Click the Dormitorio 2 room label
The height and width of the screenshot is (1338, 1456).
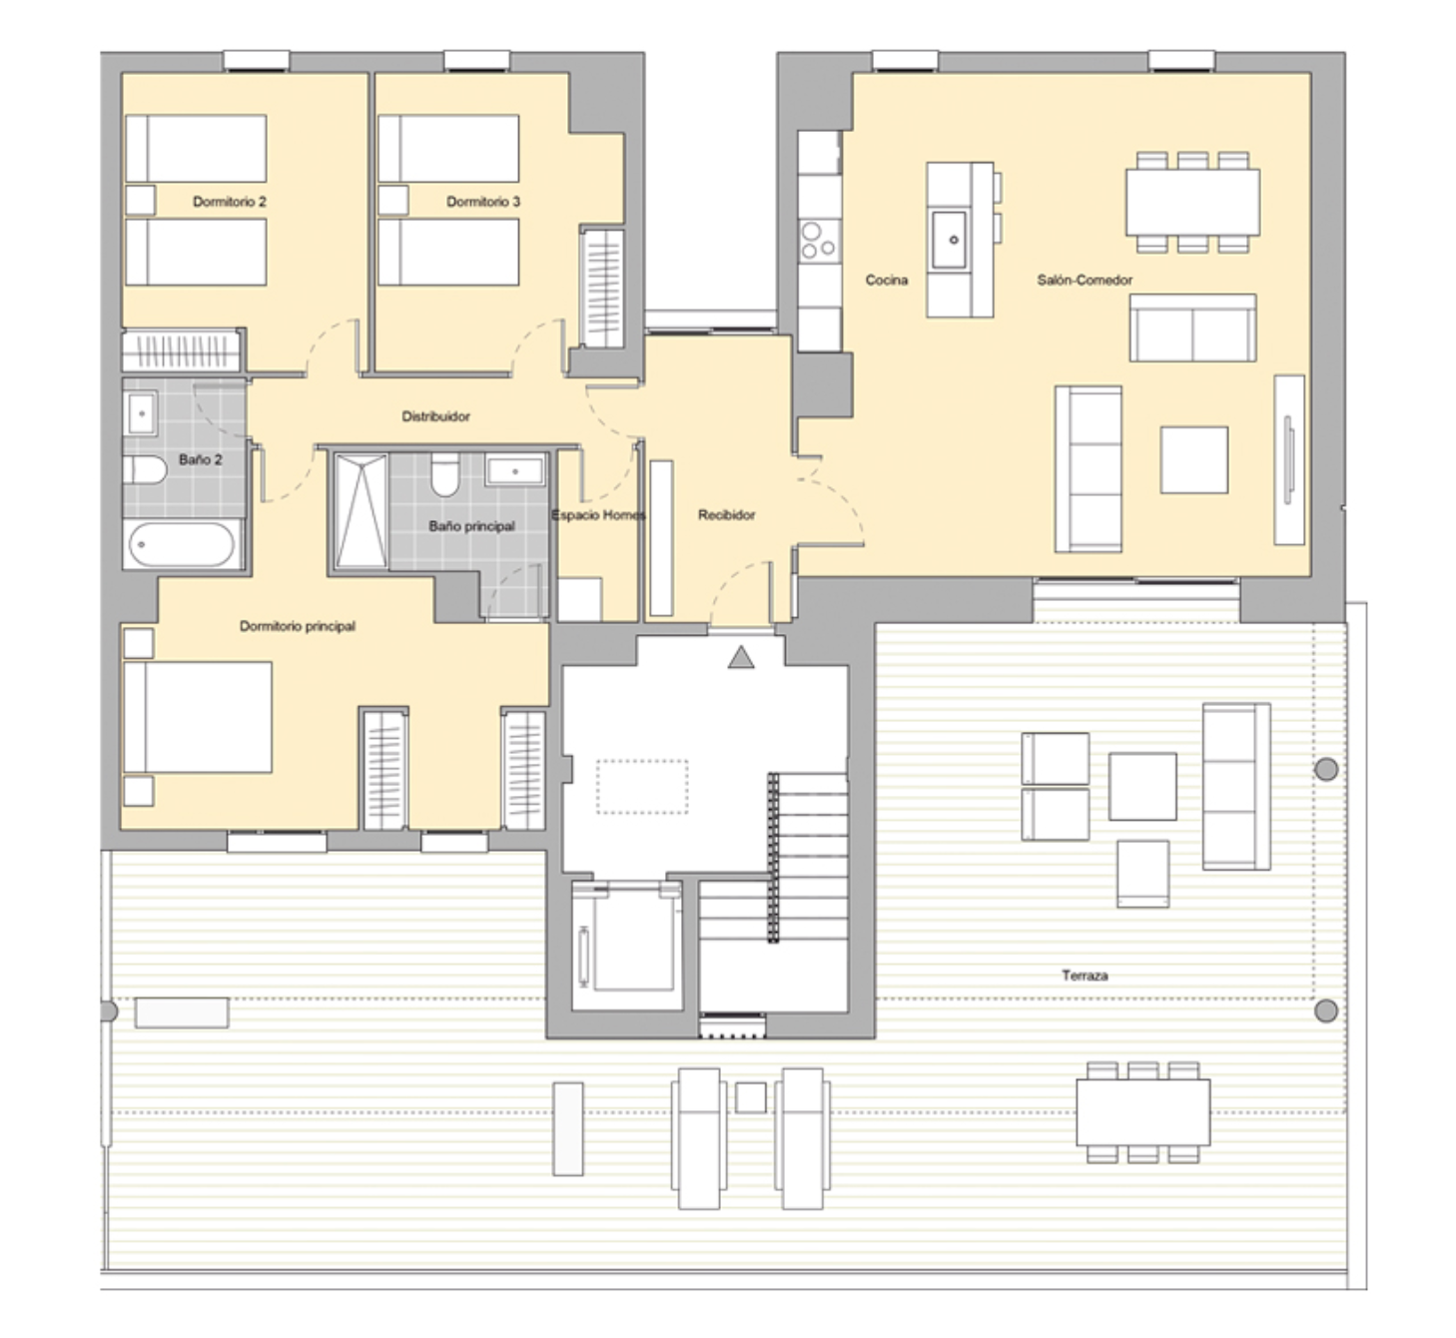tap(230, 202)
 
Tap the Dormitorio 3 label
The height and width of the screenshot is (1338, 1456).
tap(482, 202)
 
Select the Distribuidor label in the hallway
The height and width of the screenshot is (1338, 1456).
tap(435, 416)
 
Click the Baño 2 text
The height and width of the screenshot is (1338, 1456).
tap(201, 459)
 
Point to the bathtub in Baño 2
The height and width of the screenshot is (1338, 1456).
tap(182, 544)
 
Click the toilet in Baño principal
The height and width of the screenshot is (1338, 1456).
tap(444, 475)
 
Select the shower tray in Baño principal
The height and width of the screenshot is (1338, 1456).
tap(362, 510)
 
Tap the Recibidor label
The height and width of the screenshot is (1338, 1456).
tap(727, 514)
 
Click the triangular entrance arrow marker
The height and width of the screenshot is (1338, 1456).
tap(740, 657)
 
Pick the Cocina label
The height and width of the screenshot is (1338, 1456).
tap(886, 280)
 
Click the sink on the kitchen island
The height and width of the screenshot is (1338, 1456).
tap(949, 240)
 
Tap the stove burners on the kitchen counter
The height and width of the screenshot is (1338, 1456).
tap(819, 241)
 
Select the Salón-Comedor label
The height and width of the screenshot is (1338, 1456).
tap(1085, 280)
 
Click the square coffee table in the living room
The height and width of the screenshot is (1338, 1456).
tap(1194, 460)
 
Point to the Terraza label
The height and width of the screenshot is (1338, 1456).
tap(1085, 975)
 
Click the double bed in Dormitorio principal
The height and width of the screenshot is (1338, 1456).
tap(198, 717)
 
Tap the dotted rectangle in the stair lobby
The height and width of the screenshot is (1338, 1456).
tap(642, 787)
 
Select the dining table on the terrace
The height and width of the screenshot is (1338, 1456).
tap(1142, 1112)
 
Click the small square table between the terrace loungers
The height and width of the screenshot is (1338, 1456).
tap(751, 1097)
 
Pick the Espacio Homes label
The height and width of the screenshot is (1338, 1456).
tap(598, 514)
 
